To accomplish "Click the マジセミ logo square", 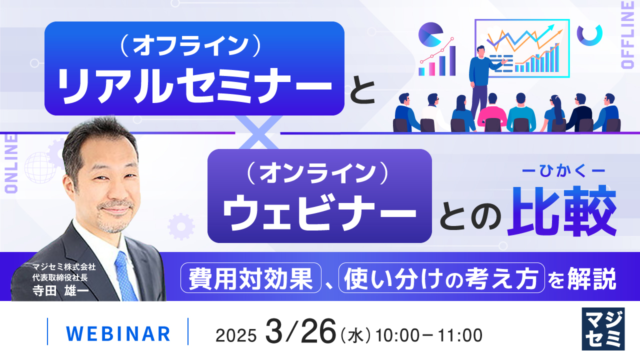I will (x=603, y=328).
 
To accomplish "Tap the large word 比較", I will (x=561, y=210).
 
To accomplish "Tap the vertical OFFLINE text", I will (x=628, y=34).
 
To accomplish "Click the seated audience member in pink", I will (x=491, y=112).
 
